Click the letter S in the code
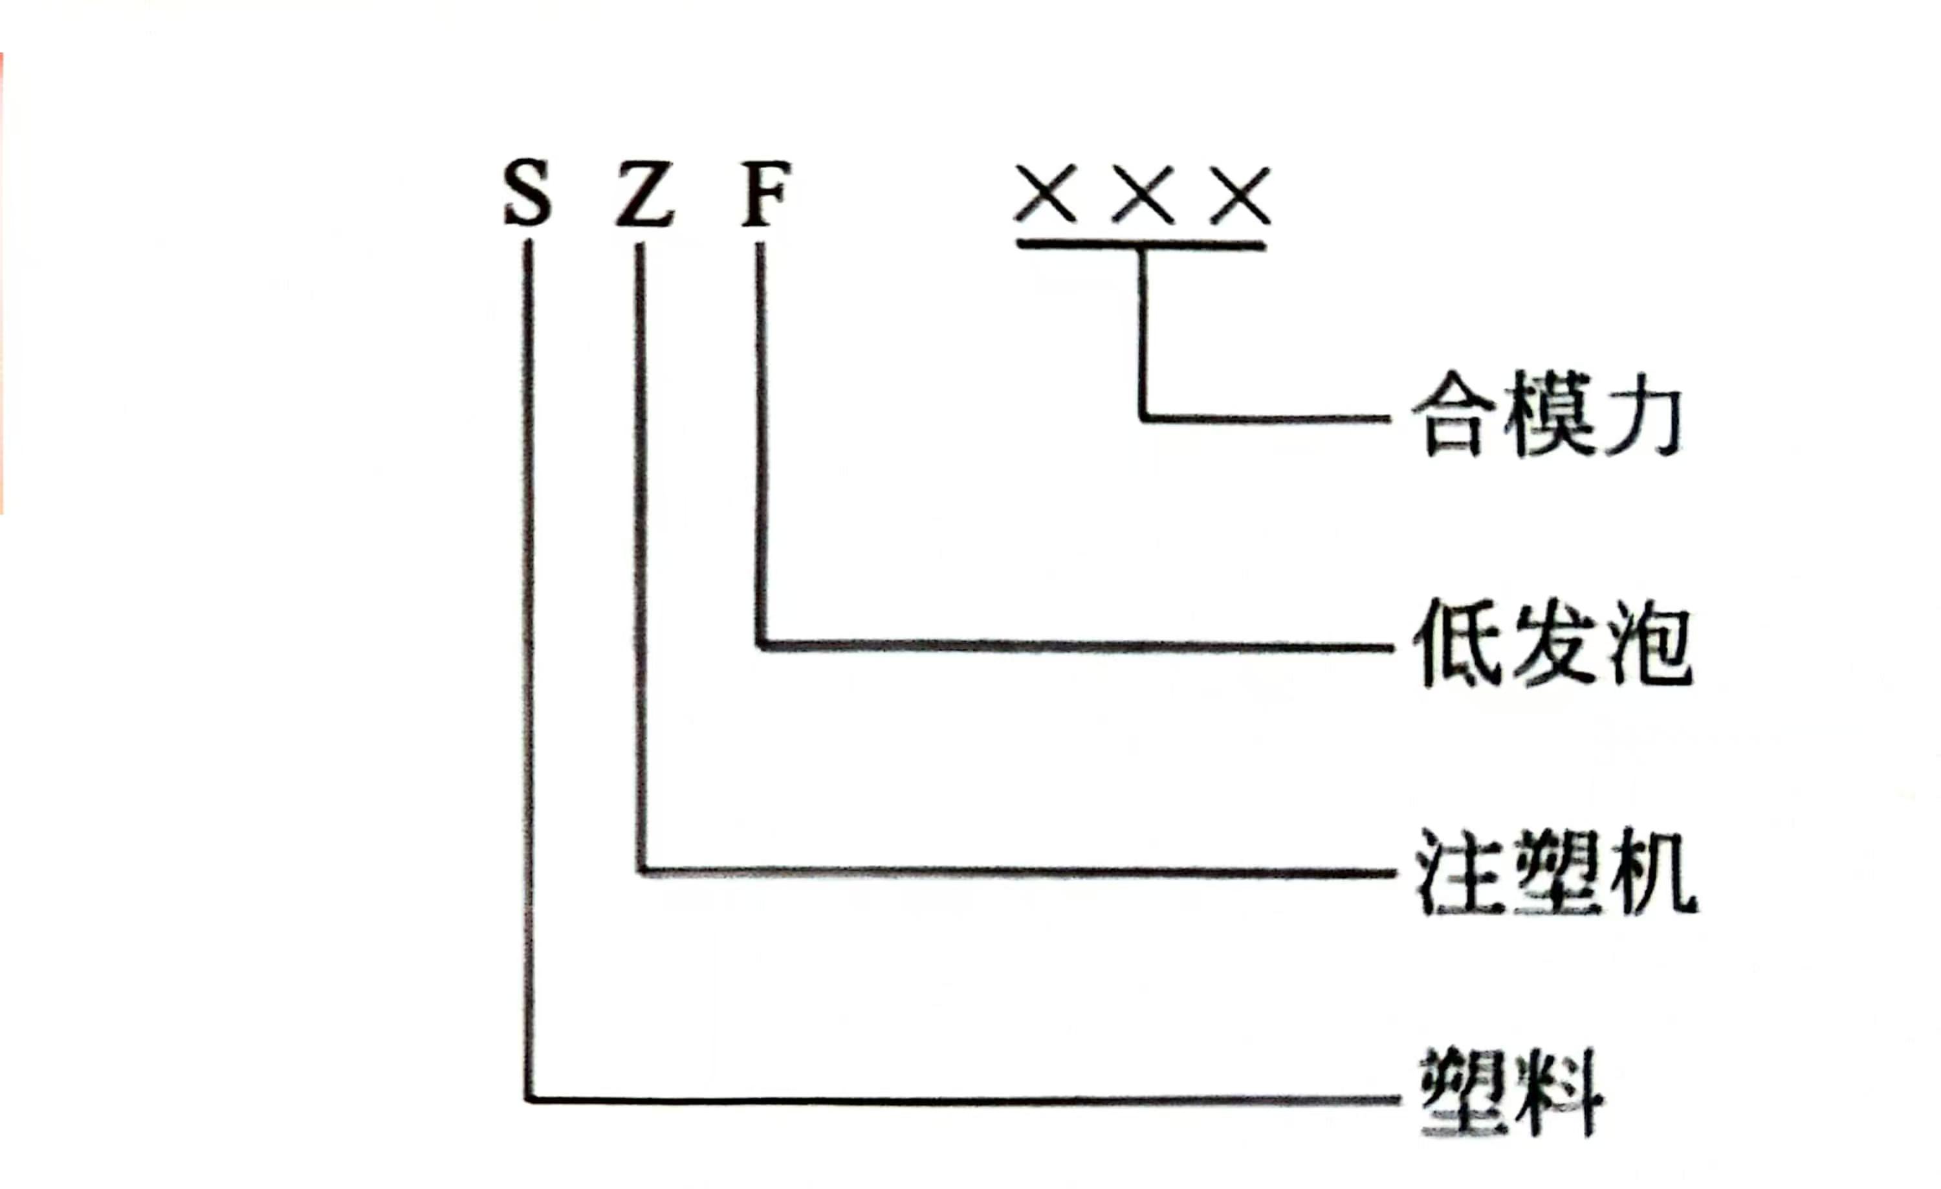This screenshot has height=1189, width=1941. pyautogui.click(x=528, y=192)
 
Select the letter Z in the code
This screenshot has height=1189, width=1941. pyautogui.click(x=644, y=193)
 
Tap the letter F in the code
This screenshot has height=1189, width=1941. pyautogui.click(x=765, y=193)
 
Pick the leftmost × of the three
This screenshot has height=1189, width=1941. pyautogui.click(x=1046, y=193)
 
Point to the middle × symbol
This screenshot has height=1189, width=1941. pyautogui.click(x=1143, y=193)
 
